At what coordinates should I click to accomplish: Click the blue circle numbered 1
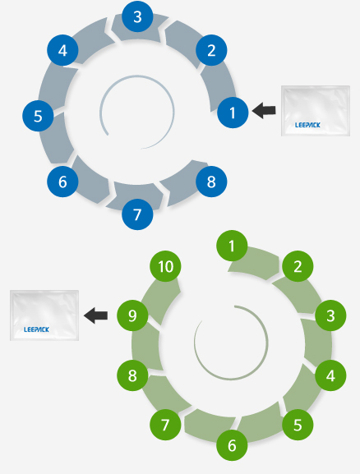pyautogui.click(x=233, y=113)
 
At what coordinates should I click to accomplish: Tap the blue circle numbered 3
pyautogui.click(x=137, y=16)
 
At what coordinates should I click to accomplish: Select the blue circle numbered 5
pyautogui.click(x=38, y=116)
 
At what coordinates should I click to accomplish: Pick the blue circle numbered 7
pyautogui.click(x=137, y=214)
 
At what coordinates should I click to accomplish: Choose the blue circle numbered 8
pyautogui.click(x=211, y=182)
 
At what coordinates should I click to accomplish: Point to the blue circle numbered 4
pyautogui.click(x=62, y=50)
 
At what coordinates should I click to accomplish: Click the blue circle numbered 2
pyautogui.click(x=211, y=50)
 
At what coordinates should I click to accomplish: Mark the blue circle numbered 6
pyautogui.click(x=62, y=182)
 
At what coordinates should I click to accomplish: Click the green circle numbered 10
pyautogui.click(x=165, y=266)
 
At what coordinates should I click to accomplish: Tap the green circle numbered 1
pyautogui.click(x=232, y=246)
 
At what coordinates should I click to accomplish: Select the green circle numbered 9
pyautogui.click(x=132, y=315)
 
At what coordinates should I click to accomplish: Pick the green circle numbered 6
pyautogui.click(x=232, y=445)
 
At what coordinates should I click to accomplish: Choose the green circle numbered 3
pyautogui.click(x=330, y=315)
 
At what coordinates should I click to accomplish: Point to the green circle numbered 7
pyautogui.click(x=165, y=425)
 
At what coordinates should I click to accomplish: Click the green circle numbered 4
pyautogui.click(x=330, y=375)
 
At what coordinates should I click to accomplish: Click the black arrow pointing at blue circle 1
pyautogui.click(x=264, y=110)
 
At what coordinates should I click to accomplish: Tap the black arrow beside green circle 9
pyautogui.click(x=95, y=315)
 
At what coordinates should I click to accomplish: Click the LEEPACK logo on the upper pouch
pyautogui.click(x=307, y=125)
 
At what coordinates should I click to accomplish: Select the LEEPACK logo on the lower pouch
pyautogui.click(x=36, y=329)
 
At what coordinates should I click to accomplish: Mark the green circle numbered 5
pyautogui.click(x=298, y=425)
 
